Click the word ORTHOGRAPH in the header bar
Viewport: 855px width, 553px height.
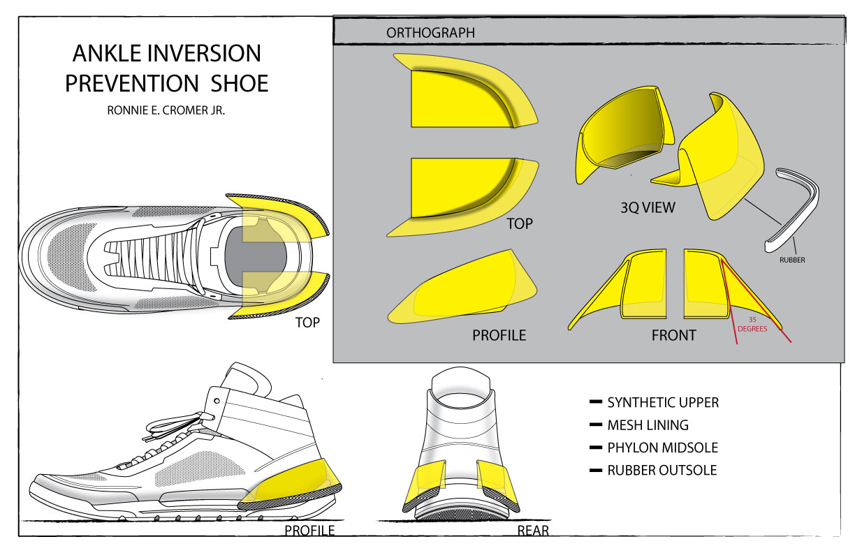point(430,33)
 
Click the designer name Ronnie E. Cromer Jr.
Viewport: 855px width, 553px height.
point(166,110)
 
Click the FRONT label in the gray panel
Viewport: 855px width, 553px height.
point(673,335)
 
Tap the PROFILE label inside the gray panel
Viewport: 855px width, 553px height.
point(499,335)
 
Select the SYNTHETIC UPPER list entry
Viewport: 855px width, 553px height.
point(662,403)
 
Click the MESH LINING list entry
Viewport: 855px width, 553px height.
point(648,425)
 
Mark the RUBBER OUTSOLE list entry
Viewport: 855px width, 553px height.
point(662,471)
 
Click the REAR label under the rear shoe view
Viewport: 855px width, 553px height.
point(532,531)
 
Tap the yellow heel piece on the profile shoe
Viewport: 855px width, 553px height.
point(297,482)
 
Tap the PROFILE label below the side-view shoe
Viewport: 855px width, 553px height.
point(309,531)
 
